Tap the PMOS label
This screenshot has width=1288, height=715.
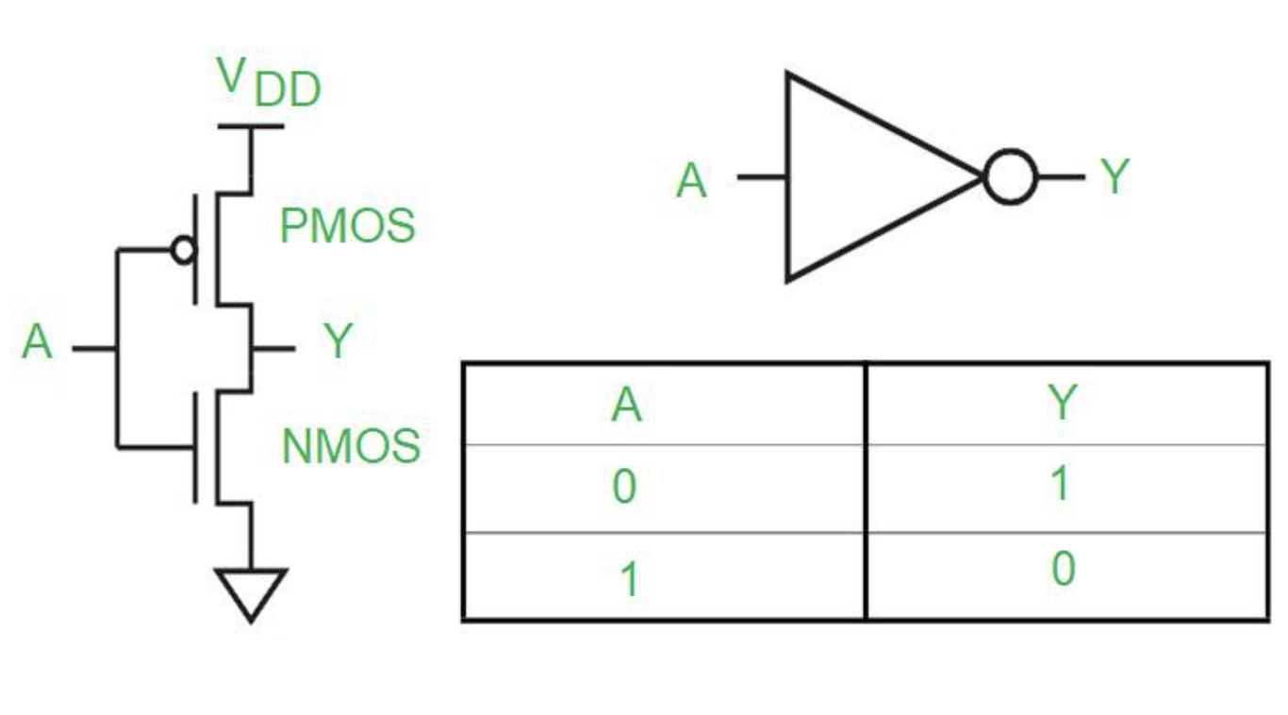click(347, 226)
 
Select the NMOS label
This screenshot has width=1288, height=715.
click(351, 446)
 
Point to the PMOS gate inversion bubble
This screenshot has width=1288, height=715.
click(184, 250)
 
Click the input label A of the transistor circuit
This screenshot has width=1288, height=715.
click(37, 343)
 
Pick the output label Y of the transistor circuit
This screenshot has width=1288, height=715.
click(338, 342)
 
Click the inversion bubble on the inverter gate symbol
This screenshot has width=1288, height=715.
click(1010, 176)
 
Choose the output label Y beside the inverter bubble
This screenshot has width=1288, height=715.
click(1115, 176)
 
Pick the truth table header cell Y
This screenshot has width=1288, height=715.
click(1062, 403)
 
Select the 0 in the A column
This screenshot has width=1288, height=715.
click(624, 488)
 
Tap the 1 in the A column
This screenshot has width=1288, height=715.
click(628, 579)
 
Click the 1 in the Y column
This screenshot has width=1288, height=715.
click(1061, 484)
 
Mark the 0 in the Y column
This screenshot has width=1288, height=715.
click(1063, 570)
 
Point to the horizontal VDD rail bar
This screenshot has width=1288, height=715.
click(250, 125)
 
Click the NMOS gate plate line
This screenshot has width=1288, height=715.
click(196, 446)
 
